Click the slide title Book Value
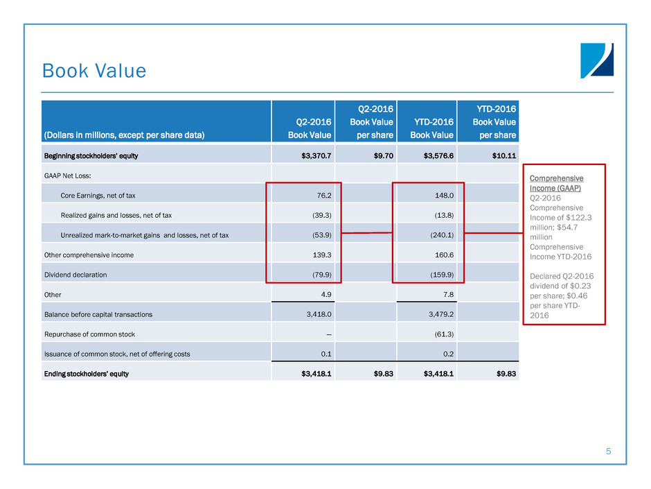click(94, 71)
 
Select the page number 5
click(608, 452)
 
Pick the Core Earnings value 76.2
click(321, 196)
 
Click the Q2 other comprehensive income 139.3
click(319, 255)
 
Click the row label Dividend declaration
click(75, 275)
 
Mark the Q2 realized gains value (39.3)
click(319, 216)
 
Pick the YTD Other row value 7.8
click(447, 295)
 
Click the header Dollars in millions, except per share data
click(125, 135)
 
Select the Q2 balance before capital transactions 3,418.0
click(316, 315)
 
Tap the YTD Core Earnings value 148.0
click(444, 196)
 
